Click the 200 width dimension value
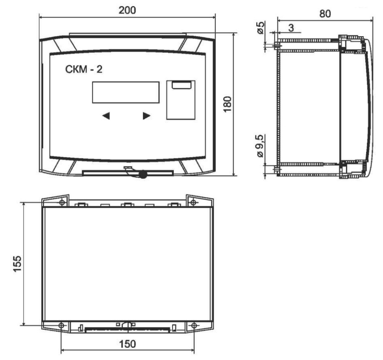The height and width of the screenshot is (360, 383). coord(127,10)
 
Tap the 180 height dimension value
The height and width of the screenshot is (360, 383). coord(228,104)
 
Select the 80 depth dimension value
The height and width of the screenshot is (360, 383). coord(325,14)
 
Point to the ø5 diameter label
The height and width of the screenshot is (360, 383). coord(261,28)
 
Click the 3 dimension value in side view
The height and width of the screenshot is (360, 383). coord(291,28)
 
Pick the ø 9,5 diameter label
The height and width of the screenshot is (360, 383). coord(261,146)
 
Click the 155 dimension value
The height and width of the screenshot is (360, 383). coord(17,264)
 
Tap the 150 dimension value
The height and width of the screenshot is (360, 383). coord(127,344)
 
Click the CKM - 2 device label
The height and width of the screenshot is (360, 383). coord(84,69)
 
